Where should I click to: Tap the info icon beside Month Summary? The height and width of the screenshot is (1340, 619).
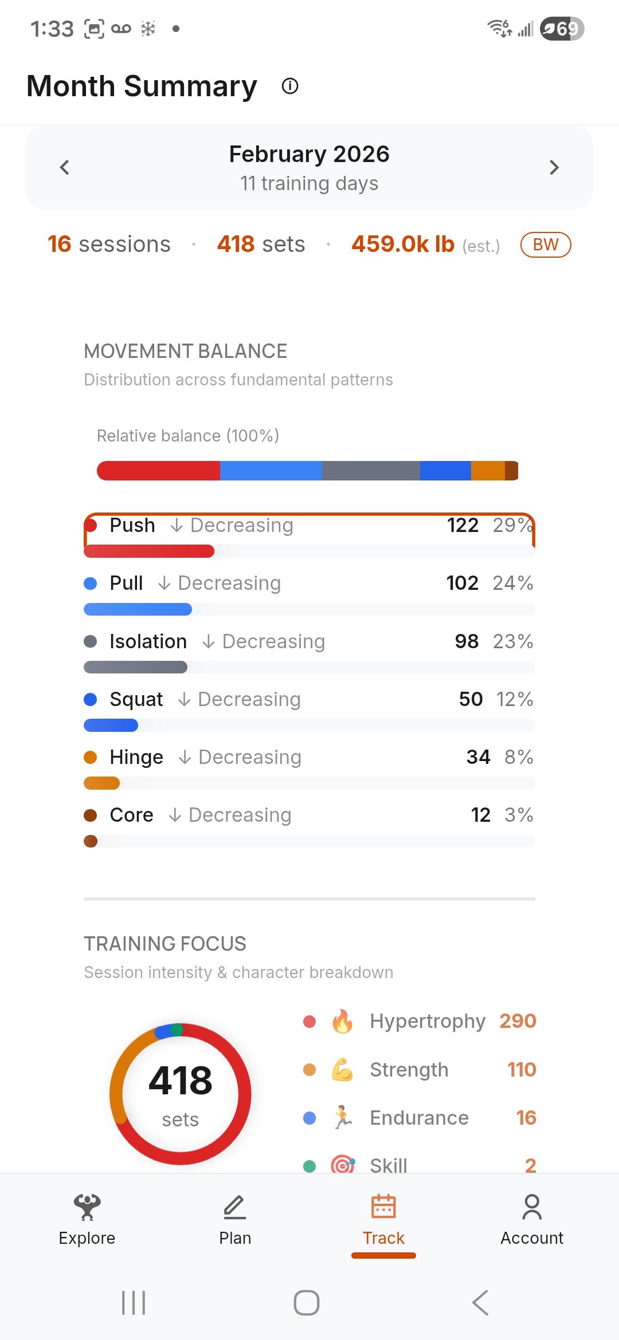click(x=290, y=86)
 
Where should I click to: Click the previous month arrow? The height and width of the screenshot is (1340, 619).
click(x=65, y=167)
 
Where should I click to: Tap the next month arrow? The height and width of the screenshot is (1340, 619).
click(x=554, y=167)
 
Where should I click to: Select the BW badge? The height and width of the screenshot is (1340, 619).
click(x=545, y=245)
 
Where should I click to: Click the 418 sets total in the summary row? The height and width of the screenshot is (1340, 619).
click(x=261, y=245)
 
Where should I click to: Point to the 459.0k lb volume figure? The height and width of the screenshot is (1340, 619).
click(x=403, y=245)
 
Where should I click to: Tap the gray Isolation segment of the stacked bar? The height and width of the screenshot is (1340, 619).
click(x=371, y=471)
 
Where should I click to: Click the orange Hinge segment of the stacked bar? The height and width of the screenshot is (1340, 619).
click(x=488, y=471)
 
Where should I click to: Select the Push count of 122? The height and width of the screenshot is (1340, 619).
click(x=463, y=525)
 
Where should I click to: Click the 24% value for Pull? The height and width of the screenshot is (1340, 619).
click(x=513, y=583)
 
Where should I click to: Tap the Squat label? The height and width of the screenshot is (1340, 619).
click(x=136, y=699)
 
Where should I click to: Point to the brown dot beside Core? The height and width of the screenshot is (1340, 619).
click(x=91, y=815)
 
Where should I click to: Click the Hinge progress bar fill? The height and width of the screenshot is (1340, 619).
click(x=102, y=783)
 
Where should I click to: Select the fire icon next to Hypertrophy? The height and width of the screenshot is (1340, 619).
click(x=343, y=1021)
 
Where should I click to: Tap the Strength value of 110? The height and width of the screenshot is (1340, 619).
click(x=522, y=1069)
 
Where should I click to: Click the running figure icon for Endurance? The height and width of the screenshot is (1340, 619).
click(x=343, y=1117)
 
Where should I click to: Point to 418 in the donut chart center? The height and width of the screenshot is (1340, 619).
click(x=181, y=1081)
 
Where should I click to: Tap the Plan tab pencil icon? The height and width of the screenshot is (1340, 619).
click(x=235, y=1207)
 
